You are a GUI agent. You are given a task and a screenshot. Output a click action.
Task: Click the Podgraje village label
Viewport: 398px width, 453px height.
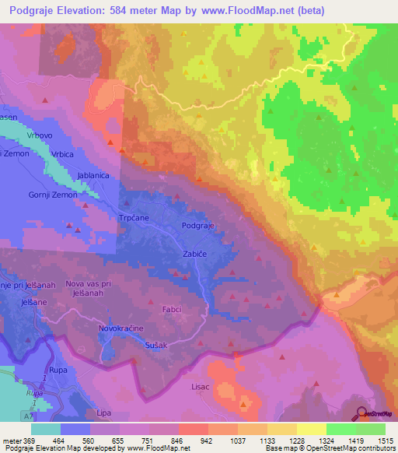coord(197,226)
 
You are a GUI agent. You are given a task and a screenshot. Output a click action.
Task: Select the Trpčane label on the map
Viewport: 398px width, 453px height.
coord(132,219)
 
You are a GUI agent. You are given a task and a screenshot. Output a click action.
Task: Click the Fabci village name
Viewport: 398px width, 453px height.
coord(171,309)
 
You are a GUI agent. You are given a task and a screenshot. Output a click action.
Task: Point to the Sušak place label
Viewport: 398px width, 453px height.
coord(156,344)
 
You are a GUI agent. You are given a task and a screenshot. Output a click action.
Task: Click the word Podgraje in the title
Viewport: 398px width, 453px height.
coord(44,9)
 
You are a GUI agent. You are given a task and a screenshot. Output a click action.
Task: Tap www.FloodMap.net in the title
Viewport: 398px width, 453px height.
coord(246,9)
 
